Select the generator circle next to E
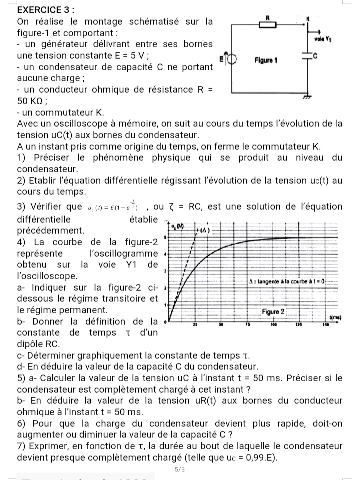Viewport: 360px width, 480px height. tap(231, 58)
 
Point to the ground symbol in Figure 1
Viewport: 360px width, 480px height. tap(310, 99)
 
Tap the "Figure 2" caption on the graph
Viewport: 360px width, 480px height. tap(273, 311)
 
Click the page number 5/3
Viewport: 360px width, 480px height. tap(180, 469)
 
